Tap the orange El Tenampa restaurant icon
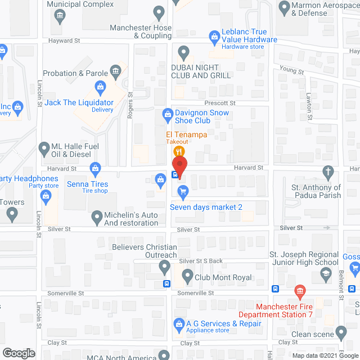[179, 151]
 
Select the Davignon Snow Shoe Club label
[196, 117]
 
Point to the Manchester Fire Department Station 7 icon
[299, 291]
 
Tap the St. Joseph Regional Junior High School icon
[325, 273]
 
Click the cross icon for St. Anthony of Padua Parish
[328, 171]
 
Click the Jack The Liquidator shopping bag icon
[100, 87]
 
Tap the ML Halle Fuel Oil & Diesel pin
[43, 149]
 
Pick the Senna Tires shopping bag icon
[96, 168]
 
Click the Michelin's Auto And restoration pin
[97, 216]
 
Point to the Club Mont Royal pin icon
[186, 276]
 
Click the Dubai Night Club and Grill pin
[183, 53]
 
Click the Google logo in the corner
[18, 353]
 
